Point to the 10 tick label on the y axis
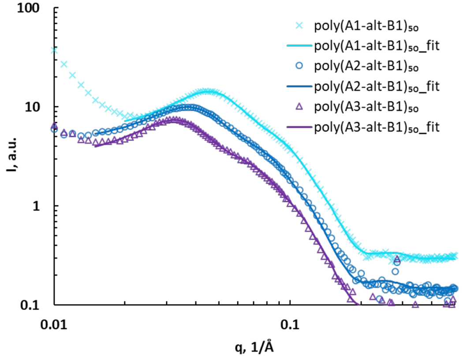click(x=37, y=107)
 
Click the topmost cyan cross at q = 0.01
click(x=54, y=50)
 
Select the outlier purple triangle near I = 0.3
click(x=396, y=259)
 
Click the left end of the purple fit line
click(x=95, y=145)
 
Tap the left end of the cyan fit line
click(x=125, y=120)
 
